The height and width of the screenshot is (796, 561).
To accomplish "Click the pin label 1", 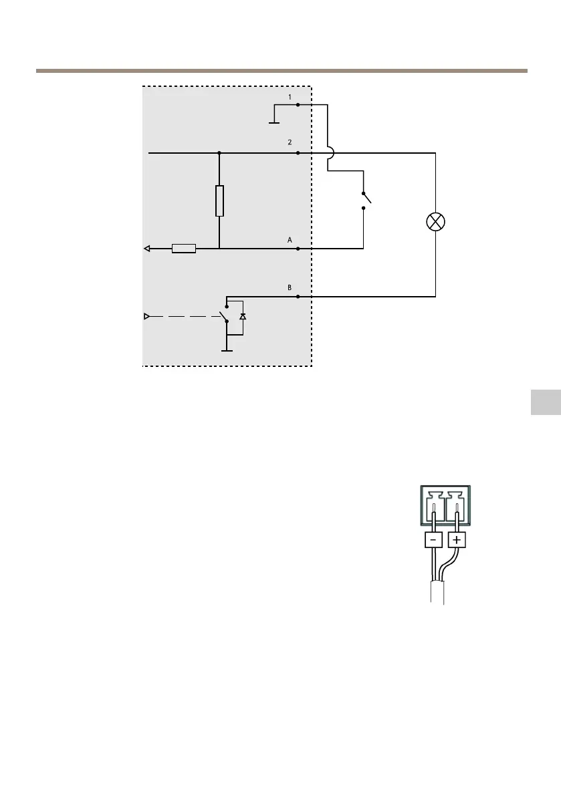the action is click(x=290, y=97).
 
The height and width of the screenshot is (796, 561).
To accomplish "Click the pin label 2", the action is click(x=290, y=142).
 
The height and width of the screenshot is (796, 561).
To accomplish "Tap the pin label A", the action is click(x=290, y=239).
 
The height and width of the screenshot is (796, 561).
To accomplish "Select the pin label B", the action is click(x=290, y=287).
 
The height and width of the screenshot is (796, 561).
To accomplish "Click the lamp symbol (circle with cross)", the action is click(x=436, y=222).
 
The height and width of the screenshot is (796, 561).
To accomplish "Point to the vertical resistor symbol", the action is click(x=219, y=201).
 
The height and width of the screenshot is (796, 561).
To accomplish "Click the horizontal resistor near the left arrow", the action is click(x=184, y=249).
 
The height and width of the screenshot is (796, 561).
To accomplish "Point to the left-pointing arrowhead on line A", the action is click(x=147, y=249).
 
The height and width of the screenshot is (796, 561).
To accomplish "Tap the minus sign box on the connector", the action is click(x=433, y=539).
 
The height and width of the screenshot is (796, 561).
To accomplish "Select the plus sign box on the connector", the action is click(x=457, y=539).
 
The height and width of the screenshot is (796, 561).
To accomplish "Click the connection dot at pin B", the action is click(x=298, y=296).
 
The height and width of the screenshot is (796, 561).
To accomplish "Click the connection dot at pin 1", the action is click(x=298, y=105).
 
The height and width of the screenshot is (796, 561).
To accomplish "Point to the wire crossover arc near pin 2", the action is click(x=330, y=153).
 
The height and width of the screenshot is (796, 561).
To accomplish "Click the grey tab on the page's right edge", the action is click(x=546, y=403).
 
